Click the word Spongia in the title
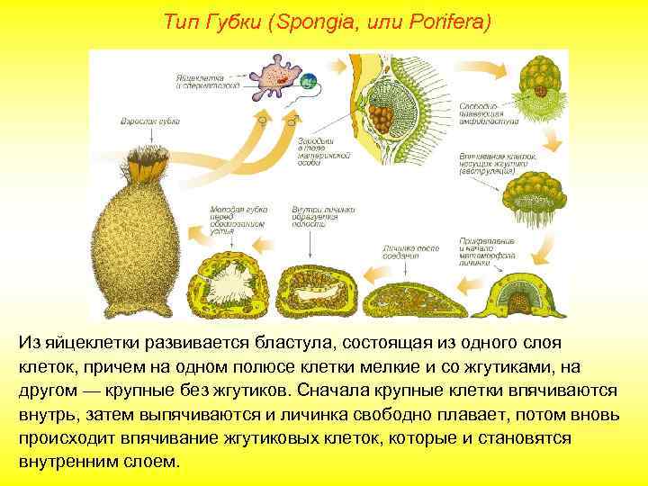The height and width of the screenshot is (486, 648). tap(316, 22)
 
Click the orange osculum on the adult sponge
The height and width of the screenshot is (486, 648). tap(142, 161)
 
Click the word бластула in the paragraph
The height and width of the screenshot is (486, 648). tap(231, 344)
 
